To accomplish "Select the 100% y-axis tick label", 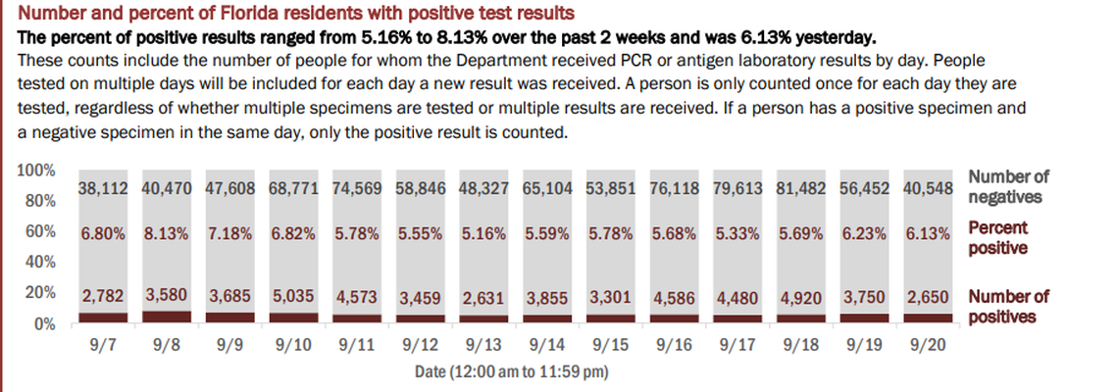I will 36,171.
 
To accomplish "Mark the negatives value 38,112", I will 103,187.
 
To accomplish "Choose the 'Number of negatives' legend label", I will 1008,186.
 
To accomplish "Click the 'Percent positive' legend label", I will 998,237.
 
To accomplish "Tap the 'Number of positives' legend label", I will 1008,306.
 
